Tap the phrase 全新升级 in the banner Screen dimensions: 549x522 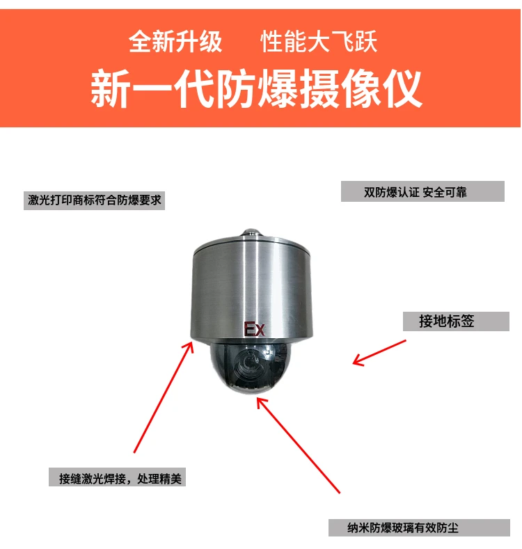175,42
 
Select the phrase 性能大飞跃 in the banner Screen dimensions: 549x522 319,42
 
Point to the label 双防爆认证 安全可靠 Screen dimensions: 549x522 422,192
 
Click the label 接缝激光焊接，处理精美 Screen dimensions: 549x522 117,479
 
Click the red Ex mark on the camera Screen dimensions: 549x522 254,329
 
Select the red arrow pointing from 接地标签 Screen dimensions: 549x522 379,351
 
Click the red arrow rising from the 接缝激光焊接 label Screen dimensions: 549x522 164,397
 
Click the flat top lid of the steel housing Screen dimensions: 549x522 249,244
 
